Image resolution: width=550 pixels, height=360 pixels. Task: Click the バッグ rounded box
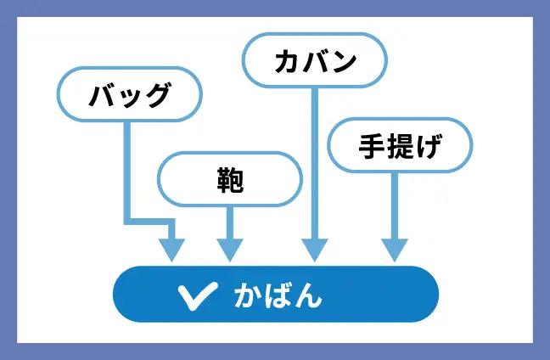[129, 93]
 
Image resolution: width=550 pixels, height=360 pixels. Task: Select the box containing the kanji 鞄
[230, 179]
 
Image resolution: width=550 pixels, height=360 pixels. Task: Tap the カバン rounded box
[315, 60]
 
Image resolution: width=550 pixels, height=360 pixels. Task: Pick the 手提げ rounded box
[399, 145]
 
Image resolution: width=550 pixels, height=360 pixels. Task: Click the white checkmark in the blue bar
[198, 295]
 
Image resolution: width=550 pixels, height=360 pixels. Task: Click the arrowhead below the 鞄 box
[230, 250]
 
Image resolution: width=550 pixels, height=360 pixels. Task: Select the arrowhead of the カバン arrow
[315, 250]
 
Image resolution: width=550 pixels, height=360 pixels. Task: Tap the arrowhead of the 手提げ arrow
[395, 250]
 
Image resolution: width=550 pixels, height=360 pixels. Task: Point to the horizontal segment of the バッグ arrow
[149, 222]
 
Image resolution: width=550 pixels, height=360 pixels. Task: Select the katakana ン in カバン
[343, 60]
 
